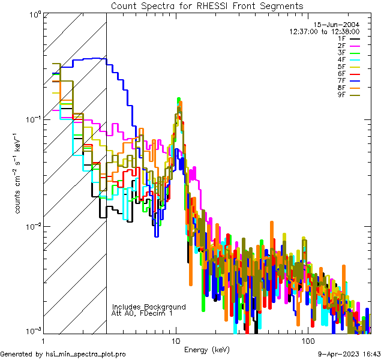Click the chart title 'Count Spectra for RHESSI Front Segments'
(207, 5)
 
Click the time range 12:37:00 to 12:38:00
(325, 31)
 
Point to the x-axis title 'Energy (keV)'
(207, 350)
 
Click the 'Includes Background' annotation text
(149, 307)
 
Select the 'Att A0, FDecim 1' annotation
(142, 313)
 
